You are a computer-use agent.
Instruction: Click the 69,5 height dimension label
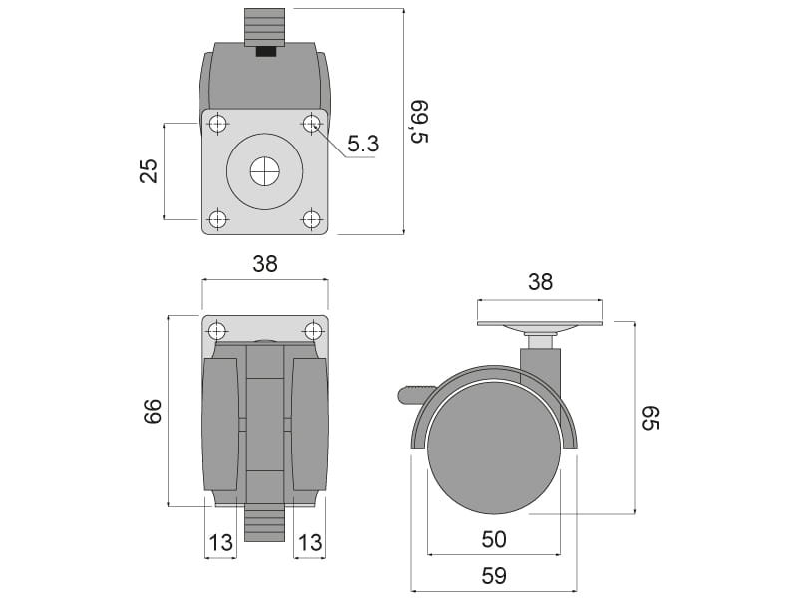[420, 122]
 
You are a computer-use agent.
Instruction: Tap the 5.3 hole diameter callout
[363, 144]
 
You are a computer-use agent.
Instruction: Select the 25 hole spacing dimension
[149, 170]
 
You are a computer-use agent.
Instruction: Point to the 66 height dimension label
[153, 411]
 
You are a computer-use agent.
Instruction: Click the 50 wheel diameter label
[494, 539]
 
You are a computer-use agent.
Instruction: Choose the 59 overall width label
[494, 576]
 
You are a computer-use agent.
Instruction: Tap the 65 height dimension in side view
[650, 418]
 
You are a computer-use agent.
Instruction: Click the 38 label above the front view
[265, 264]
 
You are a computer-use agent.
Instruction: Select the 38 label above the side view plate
[540, 281]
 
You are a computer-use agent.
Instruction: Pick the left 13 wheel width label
[220, 542]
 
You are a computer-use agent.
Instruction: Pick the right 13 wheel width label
[310, 542]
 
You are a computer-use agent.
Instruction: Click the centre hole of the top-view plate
[265, 171]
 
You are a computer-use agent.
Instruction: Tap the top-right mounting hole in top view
[312, 124]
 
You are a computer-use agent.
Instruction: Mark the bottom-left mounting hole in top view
[218, 219]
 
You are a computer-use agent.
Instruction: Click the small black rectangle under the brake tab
[265, 52]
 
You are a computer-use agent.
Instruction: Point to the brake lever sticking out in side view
[415, 395]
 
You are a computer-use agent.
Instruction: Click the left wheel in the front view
[220, 425]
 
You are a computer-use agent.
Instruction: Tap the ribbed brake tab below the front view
[265, 523]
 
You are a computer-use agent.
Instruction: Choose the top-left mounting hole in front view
[217, 331]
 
